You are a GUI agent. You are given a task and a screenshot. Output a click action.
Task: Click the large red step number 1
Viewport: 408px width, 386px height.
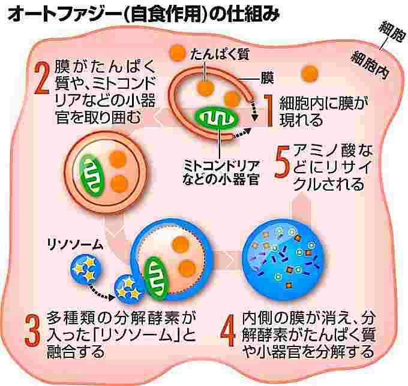pos(269,110)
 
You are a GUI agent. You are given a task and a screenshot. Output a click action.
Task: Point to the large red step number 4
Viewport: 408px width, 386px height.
pos(228,331)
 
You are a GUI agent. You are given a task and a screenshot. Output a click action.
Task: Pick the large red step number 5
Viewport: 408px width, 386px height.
pos(282,162)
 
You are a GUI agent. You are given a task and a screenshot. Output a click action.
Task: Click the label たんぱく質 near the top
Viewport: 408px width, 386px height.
pos(220,55)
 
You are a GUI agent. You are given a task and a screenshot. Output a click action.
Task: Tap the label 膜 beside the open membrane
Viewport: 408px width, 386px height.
pos(267,77)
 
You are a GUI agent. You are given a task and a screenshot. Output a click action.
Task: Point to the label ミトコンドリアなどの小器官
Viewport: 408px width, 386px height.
pos(221,172)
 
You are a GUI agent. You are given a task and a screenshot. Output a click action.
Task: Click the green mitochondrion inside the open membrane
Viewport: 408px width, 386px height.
pos(217,117)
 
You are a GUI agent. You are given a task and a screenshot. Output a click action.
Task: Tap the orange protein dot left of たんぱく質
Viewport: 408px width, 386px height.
pos(177,53)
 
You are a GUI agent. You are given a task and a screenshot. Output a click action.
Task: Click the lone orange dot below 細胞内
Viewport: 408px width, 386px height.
pos(310,74)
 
